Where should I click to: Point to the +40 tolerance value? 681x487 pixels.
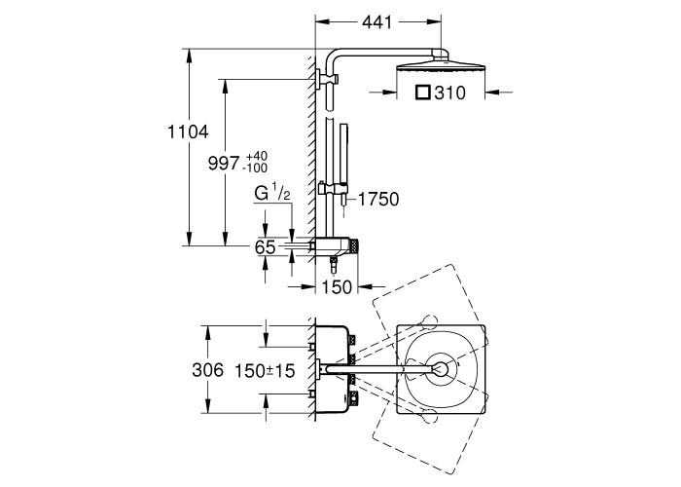tap(257, 157)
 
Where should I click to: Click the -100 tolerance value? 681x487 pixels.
tap(257, 169)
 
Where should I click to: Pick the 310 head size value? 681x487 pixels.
tap(448, 94)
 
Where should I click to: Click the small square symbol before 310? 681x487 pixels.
tap(422, 94)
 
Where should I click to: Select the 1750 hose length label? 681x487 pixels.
tap(378, 200)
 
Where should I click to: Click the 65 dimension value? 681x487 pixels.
tap(265, 247)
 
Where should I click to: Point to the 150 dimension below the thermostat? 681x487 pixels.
tap(336, 286)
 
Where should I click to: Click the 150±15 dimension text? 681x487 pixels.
tap(266, 370)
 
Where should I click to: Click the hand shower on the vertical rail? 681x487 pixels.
tap(340, 151)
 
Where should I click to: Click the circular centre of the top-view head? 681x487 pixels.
tap(442, 369)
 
